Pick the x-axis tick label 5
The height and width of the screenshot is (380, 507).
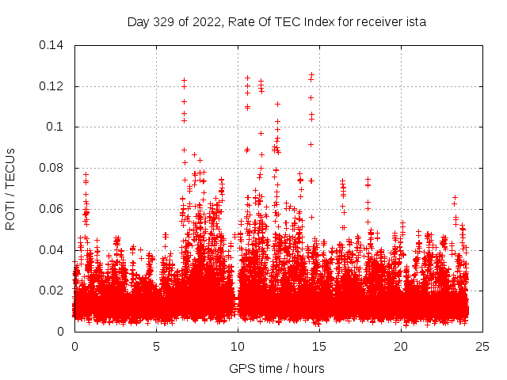[156, 347]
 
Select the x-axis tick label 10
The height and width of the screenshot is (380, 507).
[238, 347]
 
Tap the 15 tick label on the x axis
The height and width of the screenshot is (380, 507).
[319, 347]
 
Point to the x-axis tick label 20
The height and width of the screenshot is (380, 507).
[401, 347]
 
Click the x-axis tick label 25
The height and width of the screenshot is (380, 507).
[482, 347]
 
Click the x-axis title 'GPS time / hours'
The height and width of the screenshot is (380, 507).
[276, 368]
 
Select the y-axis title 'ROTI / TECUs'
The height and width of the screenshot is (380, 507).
[11, 188]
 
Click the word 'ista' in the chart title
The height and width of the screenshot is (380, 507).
[416, 22]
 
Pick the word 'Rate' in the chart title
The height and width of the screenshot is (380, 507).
[240, 22]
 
